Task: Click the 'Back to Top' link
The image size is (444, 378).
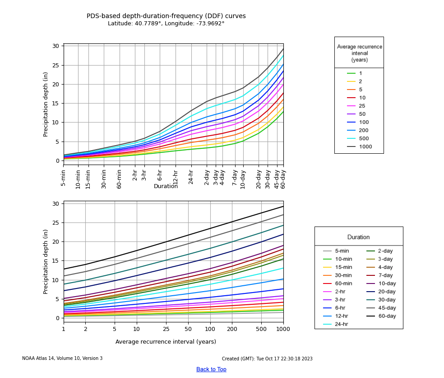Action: click(x=211, y=369)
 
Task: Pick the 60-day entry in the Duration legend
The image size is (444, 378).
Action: click(x=387, y=316)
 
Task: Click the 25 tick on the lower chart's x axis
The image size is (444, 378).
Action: click(x=166, y=329)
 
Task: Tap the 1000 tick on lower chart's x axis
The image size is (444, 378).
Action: click(x=283, y=329)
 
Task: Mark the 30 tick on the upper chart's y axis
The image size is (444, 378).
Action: click(x=55, y=46)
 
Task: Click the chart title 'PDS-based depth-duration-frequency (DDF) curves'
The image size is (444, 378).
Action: click(x=166, y=16)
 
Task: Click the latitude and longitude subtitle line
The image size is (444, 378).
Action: click(x=166, y=24)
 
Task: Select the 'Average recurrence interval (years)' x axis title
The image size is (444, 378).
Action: click(x=166, y=342)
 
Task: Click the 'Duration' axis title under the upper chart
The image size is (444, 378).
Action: click(x=166, y=186)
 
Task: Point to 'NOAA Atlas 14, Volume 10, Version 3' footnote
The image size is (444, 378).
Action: click(x=62, y=359)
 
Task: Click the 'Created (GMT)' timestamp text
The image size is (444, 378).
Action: click(x=267, y=359)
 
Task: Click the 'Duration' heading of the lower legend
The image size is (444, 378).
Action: click(x=358, y=237)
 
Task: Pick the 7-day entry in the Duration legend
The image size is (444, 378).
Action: click(x=387, y=275)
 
